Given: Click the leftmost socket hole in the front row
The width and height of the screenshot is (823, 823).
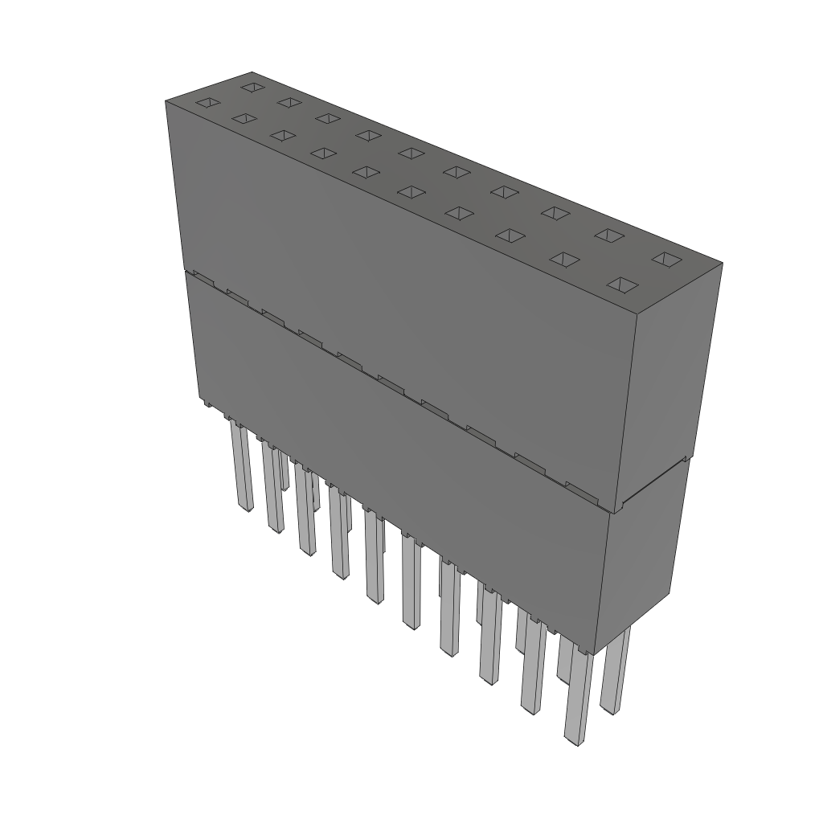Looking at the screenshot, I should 207,102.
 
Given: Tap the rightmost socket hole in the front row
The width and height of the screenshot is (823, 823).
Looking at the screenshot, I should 623,285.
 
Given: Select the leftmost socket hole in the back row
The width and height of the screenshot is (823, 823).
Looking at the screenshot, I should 252,86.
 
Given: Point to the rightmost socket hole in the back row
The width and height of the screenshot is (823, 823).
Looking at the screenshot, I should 665,258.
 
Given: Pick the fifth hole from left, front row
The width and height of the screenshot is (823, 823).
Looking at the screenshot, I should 366,171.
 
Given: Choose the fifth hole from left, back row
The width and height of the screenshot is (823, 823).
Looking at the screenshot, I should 411,153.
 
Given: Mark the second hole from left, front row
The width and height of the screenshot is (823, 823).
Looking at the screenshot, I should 244,118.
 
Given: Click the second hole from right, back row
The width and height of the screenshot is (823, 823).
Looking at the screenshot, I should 610,235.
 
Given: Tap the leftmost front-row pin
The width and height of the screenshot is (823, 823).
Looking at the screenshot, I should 241,466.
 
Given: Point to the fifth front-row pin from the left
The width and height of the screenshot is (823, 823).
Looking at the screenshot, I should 374,559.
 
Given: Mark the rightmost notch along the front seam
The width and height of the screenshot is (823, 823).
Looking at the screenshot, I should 580,488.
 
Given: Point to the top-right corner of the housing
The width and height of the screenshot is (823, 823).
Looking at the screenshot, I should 721,264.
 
